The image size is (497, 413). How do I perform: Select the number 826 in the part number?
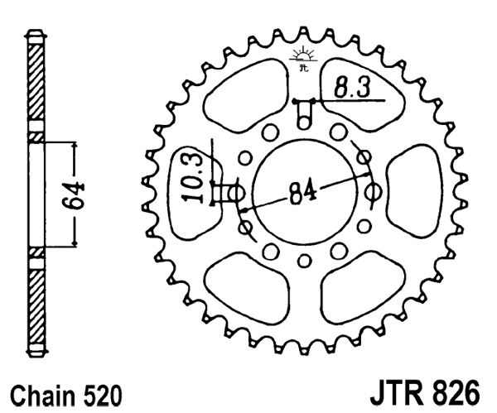(x=447, y=389)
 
